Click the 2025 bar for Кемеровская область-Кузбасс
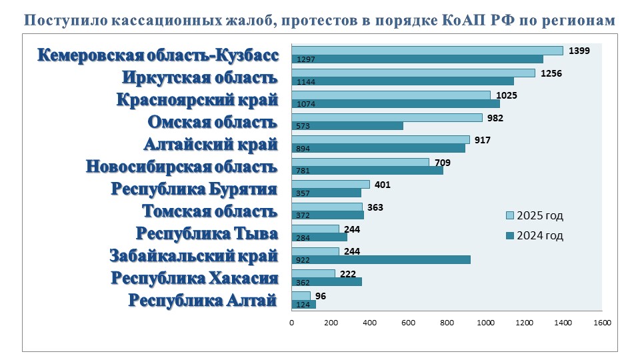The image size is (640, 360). (427, 51)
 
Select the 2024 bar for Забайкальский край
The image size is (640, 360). (381, 259)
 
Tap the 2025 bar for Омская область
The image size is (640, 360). (387, 117)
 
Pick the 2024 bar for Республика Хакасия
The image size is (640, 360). (327, 282)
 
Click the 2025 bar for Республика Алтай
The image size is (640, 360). (301, 295)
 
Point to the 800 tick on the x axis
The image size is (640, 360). (447, 323)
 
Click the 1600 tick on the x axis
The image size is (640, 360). (602, 323)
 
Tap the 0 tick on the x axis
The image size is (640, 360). (291, 323)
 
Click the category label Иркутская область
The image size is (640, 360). (199, 77)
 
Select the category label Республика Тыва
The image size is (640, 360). (206, 234)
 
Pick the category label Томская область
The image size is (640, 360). (209, 211)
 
